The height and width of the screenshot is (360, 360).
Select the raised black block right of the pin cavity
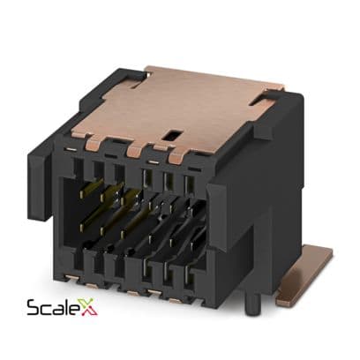(x=217, y=214)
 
